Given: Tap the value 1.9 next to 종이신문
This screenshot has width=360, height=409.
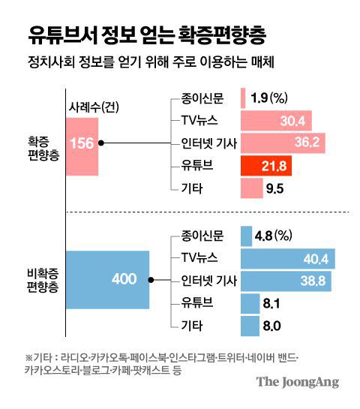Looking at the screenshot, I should (x=258, y=98).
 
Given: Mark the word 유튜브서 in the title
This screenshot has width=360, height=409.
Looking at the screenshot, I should (x=62, y=34).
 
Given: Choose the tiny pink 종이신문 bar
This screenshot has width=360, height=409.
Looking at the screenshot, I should (x=244, y=98).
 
